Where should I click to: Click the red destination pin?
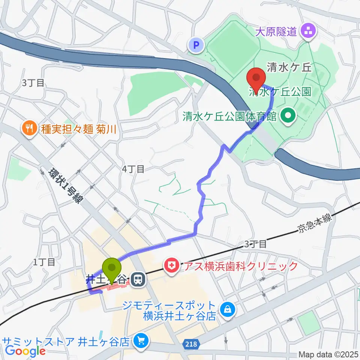pyautogui.click(x=256, y=78)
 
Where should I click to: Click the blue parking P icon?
pyautogui.click(x=195, y=46)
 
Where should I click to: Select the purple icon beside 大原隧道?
pyautogui.click(x=309, y=31)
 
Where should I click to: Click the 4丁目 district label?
pyautogui.click(x=133, y=169)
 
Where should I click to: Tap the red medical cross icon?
pyautogui.click(x=171, y=267)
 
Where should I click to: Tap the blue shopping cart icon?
pyautogui.click(x=141, y=341)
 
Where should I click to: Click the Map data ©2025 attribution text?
pyautogui.click(x=328, y=354)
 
